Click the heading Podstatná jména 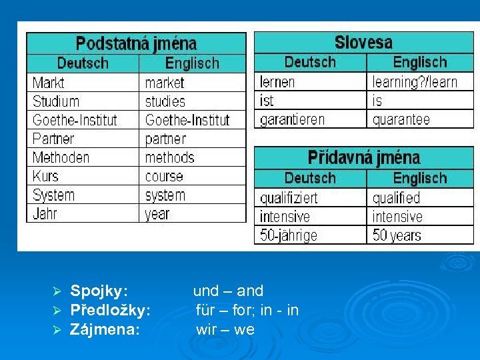(136, 44)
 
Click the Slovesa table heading (363, 43)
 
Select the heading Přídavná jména (363, 158)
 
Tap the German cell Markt (49, 83)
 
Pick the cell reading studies (165, 102)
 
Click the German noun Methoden (61, 158)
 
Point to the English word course (164, 177)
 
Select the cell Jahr (45, 214)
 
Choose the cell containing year (157, 215)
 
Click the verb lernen (277, 83)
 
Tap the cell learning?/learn (415, 83)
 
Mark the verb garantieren (292, 120)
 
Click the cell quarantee (401, 120)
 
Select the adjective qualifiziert (289, 199)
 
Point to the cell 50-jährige (289, 236)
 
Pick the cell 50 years (397, 236)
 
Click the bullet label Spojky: (99, 291)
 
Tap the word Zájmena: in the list (105, 329)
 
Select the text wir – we (225, 329)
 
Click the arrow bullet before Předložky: (57, 311)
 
